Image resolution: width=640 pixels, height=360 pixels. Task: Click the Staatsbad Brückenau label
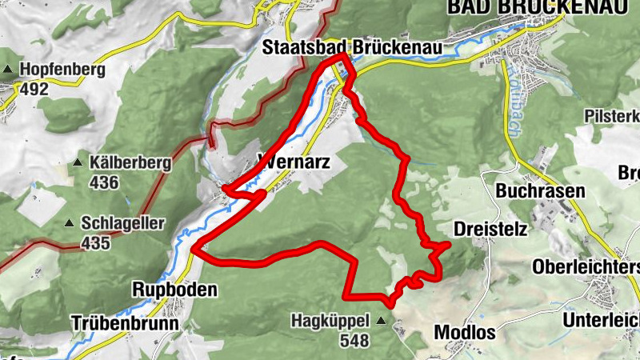[x=353, y=49]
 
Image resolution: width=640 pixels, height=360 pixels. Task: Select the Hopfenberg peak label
[x=63, y=70]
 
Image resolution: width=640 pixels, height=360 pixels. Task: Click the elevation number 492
[x=35, y=89]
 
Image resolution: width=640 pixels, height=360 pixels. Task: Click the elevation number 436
[x=104, y=183]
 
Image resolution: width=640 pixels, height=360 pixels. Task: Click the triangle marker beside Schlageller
[x=70, y=222]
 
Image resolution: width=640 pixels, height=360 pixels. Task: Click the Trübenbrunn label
[x=123, y=323]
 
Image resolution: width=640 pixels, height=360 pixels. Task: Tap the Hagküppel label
[x=330, y=321]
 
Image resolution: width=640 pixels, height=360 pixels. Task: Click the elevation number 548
[x=354, y=341]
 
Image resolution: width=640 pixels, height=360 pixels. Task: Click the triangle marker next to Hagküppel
[x=381, y=321]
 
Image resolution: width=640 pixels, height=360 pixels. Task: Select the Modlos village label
[x=465, y=331]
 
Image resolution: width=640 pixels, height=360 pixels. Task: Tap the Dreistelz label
[x=490, y=230]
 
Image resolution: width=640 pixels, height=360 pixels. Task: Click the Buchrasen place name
[x=541, y=191]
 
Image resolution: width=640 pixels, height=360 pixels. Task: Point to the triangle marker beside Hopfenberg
[x=10, y=70]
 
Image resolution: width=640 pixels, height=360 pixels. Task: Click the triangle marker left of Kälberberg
[x=78, y=163]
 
